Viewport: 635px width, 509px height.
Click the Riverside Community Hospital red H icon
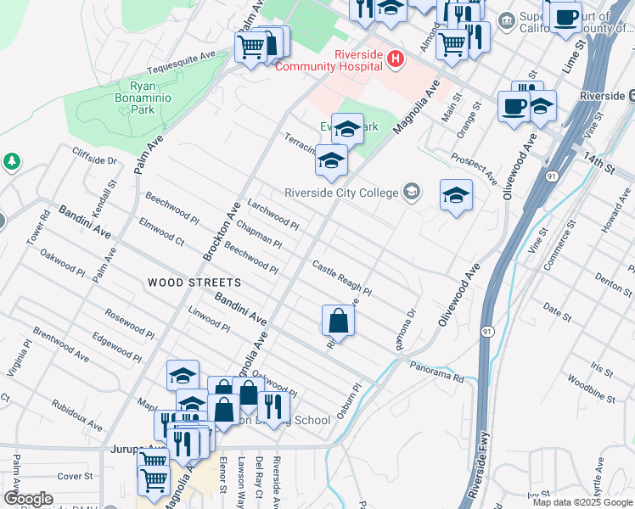394,59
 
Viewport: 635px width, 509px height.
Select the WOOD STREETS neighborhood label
194,282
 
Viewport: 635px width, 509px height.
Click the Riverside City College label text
341,193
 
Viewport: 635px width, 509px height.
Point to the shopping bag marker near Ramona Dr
338,321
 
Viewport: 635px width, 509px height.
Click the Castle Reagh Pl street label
341,278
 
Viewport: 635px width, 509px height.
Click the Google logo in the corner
28,499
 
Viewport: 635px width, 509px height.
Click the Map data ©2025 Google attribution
582,502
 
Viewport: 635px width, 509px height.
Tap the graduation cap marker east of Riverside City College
456,196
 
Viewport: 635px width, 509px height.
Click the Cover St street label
75,477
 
